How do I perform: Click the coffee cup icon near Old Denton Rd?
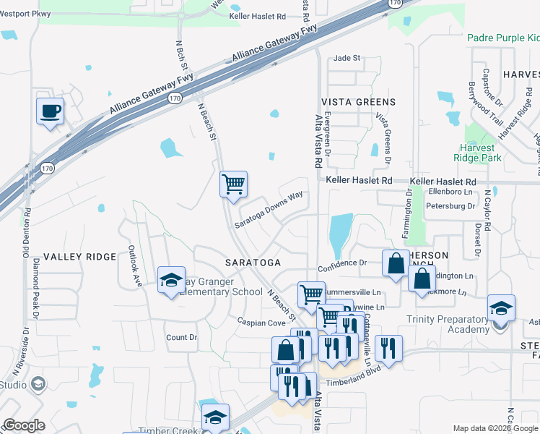point(50,111)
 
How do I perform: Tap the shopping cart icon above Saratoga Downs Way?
point(233,184)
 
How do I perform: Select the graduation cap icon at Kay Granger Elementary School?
point(171,281)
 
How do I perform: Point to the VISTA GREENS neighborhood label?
point(358,102)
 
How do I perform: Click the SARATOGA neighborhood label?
point(251,261)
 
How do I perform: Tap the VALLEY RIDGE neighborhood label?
point(79,257)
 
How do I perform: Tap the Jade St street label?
point(346,59)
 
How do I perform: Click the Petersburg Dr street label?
point(451,206)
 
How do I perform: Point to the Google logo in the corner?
point(24,425)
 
